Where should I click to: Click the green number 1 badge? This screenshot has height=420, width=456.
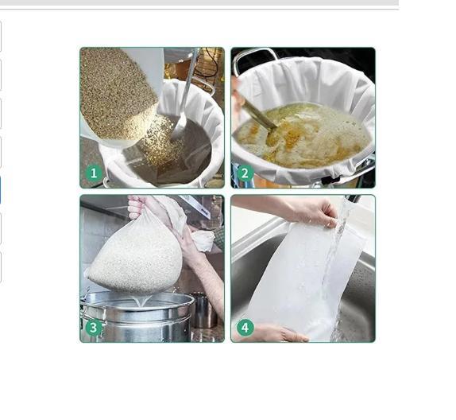pos(94,173)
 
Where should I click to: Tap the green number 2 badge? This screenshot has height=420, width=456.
pos(245,173)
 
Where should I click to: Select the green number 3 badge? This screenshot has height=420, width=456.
pos(94,328)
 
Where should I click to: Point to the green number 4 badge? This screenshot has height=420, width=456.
pos(245,328)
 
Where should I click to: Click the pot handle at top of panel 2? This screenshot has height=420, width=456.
pos(256,56)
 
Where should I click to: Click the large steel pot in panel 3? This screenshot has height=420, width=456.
pos(137,317)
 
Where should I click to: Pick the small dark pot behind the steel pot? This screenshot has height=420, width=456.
pos(204,310)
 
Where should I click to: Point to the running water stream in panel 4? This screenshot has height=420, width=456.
pos(338,268)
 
